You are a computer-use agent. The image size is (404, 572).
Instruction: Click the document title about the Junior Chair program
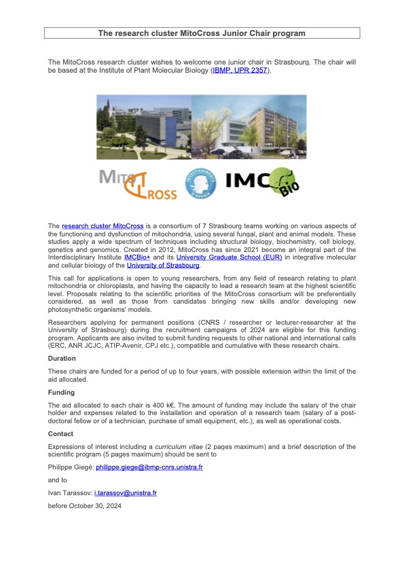(x=202, y=33)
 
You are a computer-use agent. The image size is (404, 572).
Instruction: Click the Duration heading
(x=62, y=358)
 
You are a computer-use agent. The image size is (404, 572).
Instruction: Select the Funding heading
(x=62, y=393)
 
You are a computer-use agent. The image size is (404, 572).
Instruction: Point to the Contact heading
(x=62, y=433)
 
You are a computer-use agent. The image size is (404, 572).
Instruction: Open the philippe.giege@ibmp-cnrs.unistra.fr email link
(x=149, y=467)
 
